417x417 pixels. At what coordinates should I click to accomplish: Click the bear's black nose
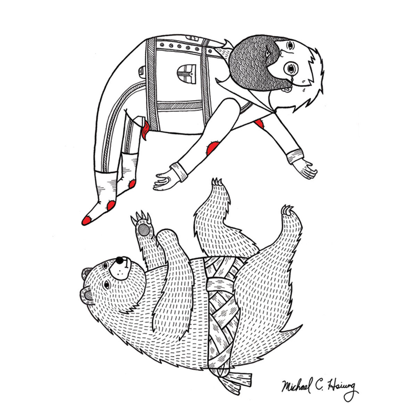120,260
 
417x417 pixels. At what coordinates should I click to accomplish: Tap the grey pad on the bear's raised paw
144,230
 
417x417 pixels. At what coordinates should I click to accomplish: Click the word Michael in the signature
296,385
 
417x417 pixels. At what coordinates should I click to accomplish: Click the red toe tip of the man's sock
87,220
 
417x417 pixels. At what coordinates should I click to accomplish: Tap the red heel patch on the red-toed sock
111,205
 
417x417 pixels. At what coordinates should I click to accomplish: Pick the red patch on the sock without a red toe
132,184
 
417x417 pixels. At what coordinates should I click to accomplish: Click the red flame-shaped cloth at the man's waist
145,130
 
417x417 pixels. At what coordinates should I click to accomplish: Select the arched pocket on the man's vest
187,74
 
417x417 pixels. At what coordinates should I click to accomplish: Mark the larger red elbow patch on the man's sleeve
213,147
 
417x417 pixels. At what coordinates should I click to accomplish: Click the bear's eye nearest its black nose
105,265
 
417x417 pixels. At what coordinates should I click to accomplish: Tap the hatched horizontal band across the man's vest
179,106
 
